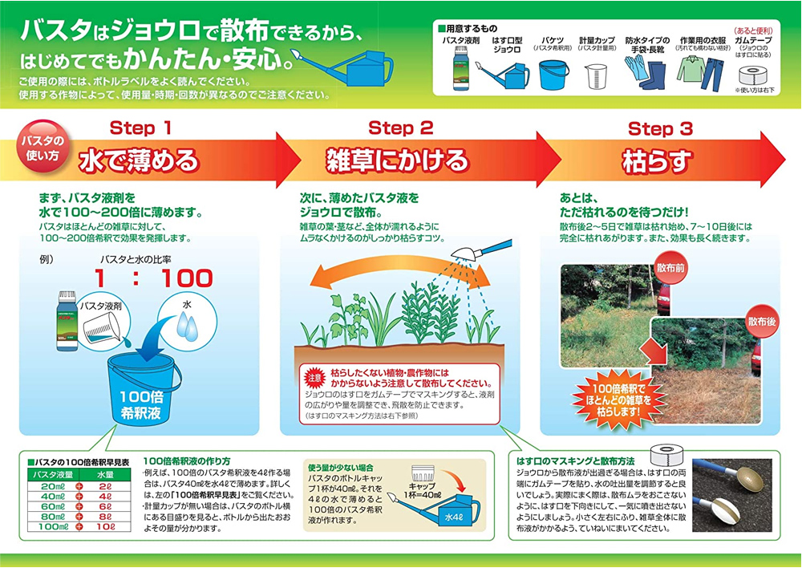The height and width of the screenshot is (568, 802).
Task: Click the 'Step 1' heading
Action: pyautogui.click(x=140, y=128)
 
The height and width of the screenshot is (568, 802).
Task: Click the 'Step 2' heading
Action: pyautogui.click(x=401, y=128)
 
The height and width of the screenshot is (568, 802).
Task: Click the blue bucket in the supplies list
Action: pyautogui.click(x=553, y=75)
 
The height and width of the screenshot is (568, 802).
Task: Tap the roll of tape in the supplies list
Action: pyautogui.click(x=752, y=79)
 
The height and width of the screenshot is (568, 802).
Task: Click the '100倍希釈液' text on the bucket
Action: pyautogui.click(x=141, y=403)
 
